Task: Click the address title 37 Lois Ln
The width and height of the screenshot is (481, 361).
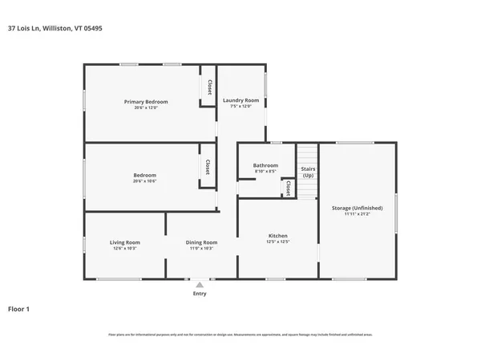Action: tap(55, 28)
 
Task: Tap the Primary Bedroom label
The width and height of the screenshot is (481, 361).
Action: tap(145, 102)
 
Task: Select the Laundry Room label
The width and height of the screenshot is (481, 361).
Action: tap(240, 100)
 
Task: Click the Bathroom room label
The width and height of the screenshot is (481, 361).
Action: tap(265, 165)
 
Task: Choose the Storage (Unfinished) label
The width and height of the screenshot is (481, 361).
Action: tap(357, 208)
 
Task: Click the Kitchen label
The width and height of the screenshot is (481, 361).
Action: tap(277, 235)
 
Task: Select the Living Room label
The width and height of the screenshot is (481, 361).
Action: tap(125, 242)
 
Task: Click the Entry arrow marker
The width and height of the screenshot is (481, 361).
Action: tap(200, 284)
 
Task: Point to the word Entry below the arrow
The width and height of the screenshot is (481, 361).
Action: tap(200, 294)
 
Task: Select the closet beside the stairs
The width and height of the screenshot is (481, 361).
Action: tap(287, 187)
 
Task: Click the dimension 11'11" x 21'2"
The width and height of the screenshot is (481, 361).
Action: tap(357, 214)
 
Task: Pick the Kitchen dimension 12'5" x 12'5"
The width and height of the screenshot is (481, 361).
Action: tap(277, 241)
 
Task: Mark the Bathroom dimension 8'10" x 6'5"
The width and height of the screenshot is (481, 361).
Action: tap(265, 172)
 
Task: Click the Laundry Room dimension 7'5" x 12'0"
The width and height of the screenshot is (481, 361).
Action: tap(240, 107)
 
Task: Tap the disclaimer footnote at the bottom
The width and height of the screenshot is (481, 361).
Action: tap(240, 335)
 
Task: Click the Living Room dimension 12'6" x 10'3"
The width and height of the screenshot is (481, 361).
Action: tap(125, 249)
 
